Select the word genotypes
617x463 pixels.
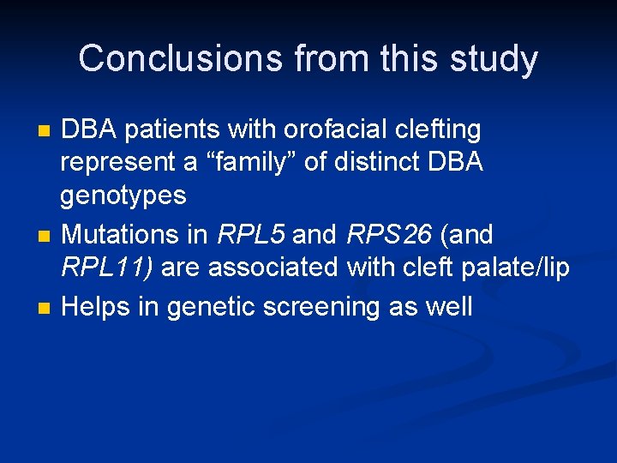pos(123,196)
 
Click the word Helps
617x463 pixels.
pos(99,306)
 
